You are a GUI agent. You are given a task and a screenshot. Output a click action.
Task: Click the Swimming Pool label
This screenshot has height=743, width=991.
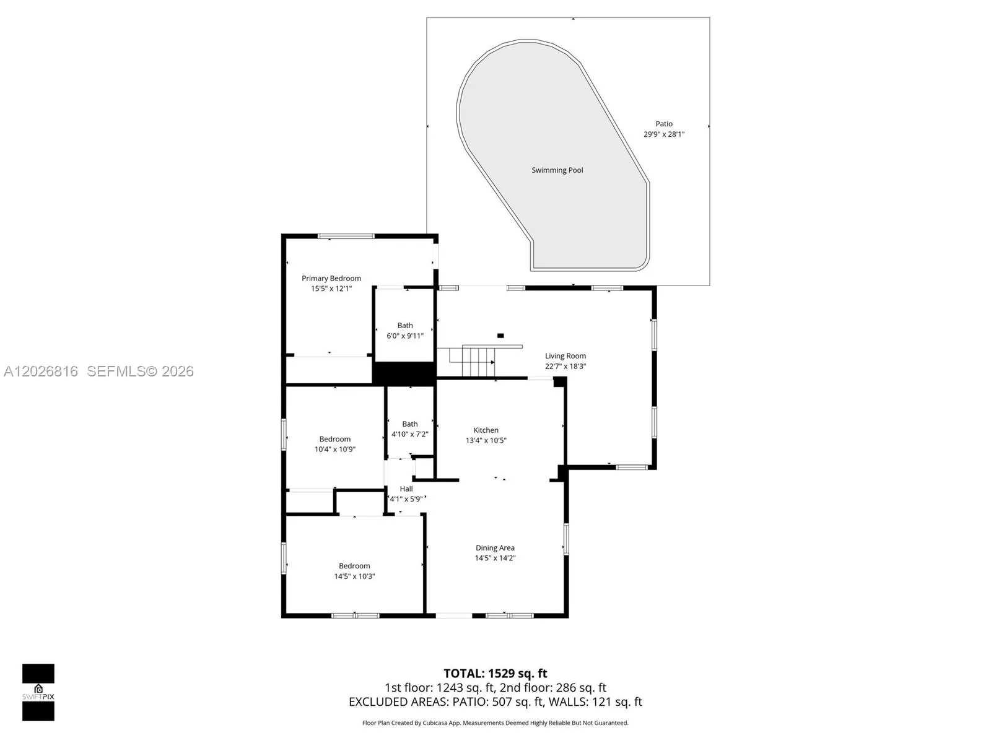click(557, 170)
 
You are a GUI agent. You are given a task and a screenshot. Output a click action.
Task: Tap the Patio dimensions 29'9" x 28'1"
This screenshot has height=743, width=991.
click(664, 134)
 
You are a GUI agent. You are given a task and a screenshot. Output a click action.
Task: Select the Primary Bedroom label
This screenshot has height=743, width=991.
click(331, 279)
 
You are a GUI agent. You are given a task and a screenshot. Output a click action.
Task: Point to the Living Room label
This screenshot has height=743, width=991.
click(565, 356)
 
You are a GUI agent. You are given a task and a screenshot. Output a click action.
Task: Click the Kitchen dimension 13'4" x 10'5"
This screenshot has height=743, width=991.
click(486, 440)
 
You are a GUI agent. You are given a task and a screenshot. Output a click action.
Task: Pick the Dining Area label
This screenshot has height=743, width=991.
click(495, 548)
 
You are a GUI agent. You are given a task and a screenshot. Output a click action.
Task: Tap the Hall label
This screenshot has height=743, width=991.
click(406, 489)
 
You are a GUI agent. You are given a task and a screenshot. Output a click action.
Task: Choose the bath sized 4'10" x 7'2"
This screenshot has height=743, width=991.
click(410, 423)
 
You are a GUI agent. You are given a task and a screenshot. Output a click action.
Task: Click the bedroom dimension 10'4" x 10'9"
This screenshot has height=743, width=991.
click(334, 450)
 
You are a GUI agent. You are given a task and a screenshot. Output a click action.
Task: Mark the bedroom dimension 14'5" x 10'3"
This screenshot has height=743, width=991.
click(354, 576)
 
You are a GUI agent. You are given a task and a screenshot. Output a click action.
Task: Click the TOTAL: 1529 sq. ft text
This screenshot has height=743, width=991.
click(495, 674)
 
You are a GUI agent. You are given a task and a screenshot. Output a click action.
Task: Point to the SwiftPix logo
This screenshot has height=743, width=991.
click(38, 692)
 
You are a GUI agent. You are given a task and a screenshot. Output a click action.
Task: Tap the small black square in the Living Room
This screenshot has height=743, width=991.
click(500, 336)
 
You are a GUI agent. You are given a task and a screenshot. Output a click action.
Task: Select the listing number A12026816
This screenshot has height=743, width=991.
click(41, 371)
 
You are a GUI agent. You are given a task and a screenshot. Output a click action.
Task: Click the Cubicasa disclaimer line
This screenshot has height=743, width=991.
click(495, 723)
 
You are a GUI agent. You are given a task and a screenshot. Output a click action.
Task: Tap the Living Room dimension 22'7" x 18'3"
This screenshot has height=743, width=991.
click(565, 367)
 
